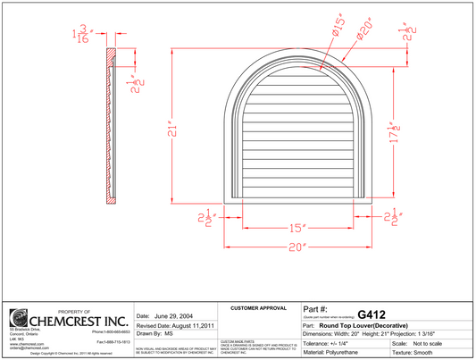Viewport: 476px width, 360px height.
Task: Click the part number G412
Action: [370, 314]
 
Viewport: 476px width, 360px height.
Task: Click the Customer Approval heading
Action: [257, 308]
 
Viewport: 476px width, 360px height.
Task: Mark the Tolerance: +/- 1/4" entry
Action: [330, 342]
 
